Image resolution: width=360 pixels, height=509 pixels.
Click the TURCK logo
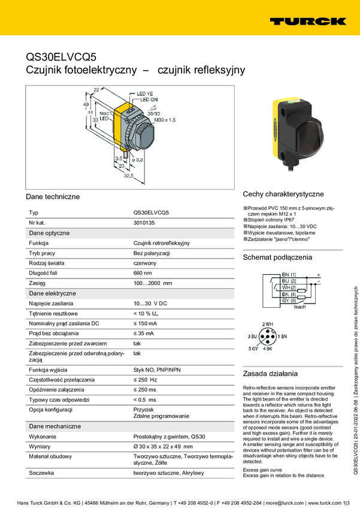pyautogui.click(x=307, y=21)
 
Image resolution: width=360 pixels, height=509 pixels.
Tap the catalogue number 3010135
pyautogui.click(x=144, y=223)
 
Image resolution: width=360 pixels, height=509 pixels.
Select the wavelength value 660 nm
pyautogui.click(x=143, y=273)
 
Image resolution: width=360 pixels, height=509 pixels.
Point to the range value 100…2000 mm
pyautogui.click(x=152, y=283)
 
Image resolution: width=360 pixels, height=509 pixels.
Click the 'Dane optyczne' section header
pyautogui.click(x=49, y=233)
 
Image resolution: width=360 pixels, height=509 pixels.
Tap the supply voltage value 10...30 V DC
pyautogui.click(x=150, y=304)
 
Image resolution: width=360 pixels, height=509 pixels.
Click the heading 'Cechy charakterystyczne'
pyautogui.click(x=283, y=194)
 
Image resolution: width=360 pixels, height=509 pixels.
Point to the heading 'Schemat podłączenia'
pyautogui.click(x=277, y=257)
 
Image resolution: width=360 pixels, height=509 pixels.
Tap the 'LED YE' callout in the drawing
pyautogui.click(x=145, y=94)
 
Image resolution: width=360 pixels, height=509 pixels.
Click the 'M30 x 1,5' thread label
pyautogui.click(x=165, y=120)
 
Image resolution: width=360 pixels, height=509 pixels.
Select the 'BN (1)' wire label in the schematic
pyautogui.click(x=288, y=274)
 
